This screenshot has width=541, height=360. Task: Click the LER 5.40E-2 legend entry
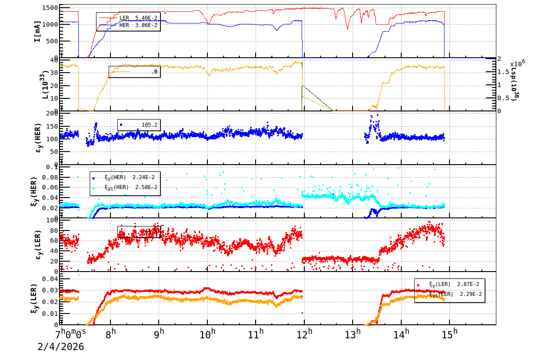pos(129,18)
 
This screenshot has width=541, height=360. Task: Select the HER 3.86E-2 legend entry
pos(129,25)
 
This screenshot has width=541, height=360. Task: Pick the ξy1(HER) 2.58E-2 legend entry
pos(131,187)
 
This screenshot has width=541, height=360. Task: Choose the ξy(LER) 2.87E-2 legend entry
pos(454,284)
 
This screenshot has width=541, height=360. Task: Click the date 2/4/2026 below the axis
pos(60,347)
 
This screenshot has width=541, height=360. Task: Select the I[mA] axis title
pos(38,31)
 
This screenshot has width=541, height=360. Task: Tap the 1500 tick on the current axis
pos(49,8)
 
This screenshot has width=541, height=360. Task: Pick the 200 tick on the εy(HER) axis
pos(52,113)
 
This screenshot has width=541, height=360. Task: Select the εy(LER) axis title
pos(38,245)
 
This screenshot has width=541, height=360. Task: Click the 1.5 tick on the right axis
pos(503,72)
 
